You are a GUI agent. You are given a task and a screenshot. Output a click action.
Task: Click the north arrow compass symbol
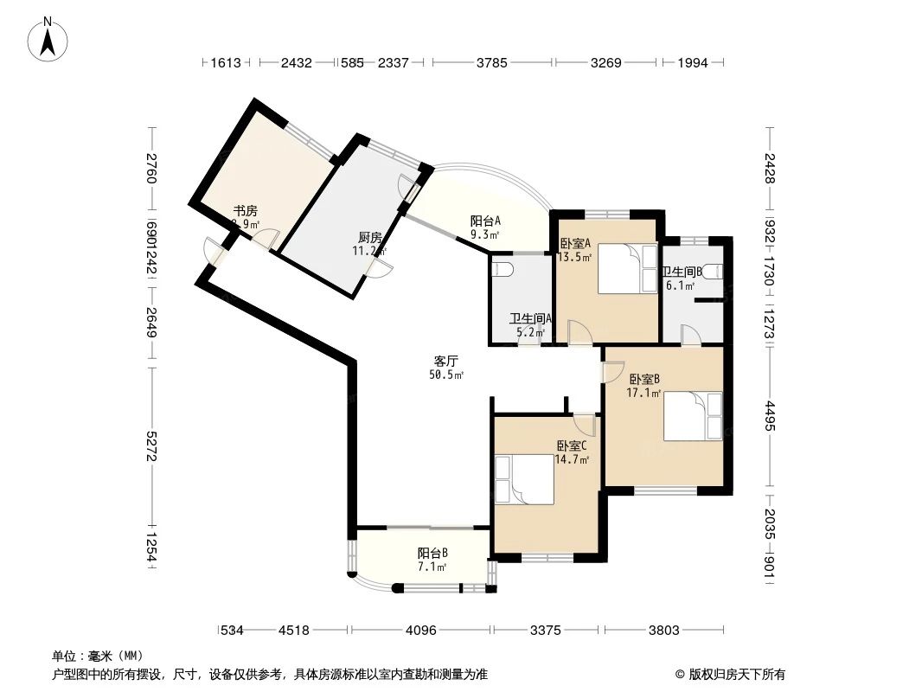[x=49, y=40]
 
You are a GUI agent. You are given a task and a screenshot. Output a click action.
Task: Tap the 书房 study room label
[x=245, y=211]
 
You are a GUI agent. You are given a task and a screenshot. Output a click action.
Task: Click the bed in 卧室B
[x=692, y=417]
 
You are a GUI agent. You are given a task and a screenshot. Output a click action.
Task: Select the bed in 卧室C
[x=523, y=479]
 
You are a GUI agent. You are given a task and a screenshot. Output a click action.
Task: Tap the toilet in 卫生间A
[x=503, y=269]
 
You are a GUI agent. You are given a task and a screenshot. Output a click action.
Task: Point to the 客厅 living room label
[x=445, y=361]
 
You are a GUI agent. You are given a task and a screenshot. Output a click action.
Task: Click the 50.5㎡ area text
[x=446, y=375]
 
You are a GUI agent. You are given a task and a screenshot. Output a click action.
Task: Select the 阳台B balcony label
[x=432, y=554]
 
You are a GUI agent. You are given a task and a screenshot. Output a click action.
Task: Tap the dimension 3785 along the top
[x=490, y=62]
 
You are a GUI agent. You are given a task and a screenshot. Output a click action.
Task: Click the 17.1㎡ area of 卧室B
[x=643, y=393]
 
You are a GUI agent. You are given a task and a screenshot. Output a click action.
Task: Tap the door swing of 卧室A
[x=578, y=332]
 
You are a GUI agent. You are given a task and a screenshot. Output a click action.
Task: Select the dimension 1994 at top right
[x=693, y=62]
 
